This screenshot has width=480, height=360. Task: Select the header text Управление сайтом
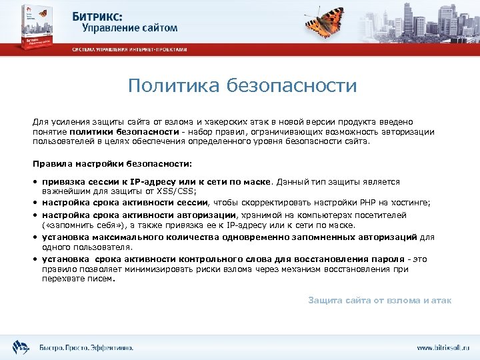point(130,28)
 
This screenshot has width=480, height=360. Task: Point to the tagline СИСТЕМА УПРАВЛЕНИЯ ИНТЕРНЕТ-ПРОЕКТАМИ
point(130,49)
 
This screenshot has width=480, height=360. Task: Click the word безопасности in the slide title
point(291,86)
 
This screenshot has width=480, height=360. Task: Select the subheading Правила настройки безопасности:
point(112,163)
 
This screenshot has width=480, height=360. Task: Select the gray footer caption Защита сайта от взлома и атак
point(379,301)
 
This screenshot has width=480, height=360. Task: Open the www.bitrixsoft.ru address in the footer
point(443,347)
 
